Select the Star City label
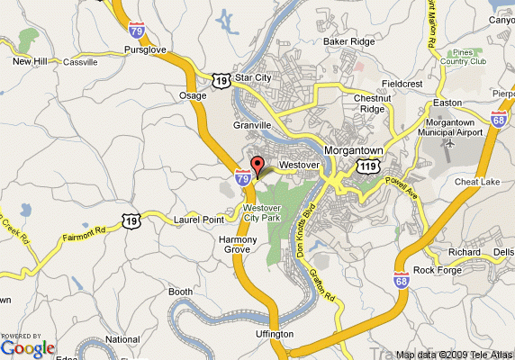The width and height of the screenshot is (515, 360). point(253,78)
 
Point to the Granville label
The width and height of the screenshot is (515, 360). point(252,125)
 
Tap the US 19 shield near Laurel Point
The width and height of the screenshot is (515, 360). point(132,220)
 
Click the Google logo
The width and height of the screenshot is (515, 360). point(28,347)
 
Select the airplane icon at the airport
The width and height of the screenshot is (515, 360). point(449,142)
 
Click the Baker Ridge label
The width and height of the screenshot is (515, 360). point(348,41)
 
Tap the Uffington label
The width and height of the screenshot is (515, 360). point(274,334)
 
